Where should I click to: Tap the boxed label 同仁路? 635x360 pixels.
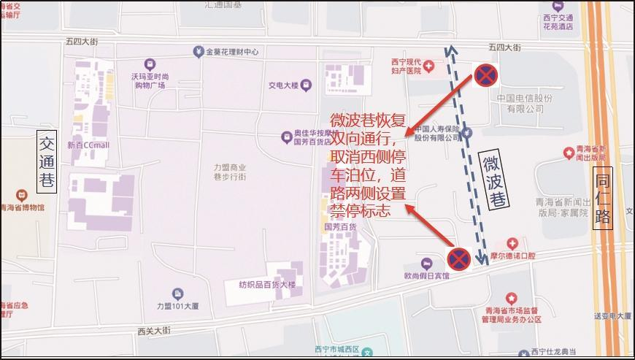tap(603, 198)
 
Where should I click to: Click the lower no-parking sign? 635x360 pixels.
tap(458, 258)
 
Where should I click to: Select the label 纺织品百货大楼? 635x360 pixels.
tap(267, 284)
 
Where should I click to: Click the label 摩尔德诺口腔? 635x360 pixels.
tap(512, 256)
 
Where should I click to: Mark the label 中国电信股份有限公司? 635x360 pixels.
tap(520, 103)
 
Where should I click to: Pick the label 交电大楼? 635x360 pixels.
tap(284, 85)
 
